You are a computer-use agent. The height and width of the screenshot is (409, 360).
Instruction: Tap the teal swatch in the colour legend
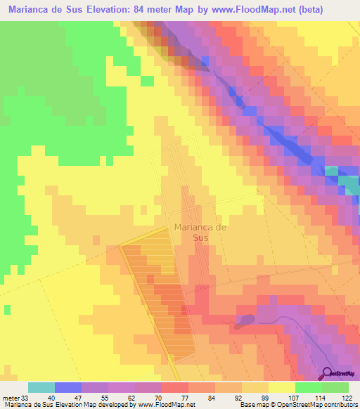(x=41, y=387)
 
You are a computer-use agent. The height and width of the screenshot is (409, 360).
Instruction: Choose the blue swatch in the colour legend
(x=68, y=387)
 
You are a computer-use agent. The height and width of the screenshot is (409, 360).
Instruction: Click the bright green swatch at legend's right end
(x=335, y=387)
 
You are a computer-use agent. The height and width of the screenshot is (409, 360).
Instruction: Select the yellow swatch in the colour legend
(x=282, y=387)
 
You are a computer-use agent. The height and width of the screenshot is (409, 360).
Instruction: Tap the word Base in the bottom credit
(x=248, y=404)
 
